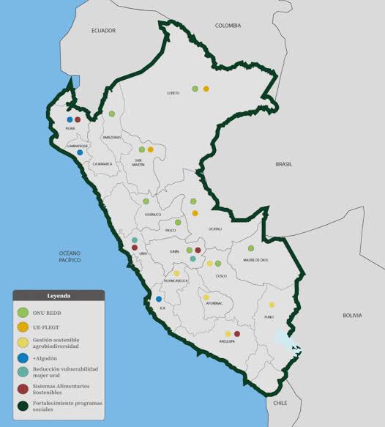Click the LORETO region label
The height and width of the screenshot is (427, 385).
(173, 93)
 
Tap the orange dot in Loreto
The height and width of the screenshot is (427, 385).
(206, 89)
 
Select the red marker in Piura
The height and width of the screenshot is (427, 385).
(78, 119)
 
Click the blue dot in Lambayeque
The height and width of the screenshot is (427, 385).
(80, 152)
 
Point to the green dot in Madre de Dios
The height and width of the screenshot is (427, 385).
(250, 248)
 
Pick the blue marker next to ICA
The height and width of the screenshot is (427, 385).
(159, 299)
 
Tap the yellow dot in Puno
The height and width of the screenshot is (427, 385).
(272, 305)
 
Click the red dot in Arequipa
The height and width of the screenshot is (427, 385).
(236, 333)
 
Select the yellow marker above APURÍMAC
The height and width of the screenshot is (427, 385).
(206, 297)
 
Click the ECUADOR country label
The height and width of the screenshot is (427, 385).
(104, 31)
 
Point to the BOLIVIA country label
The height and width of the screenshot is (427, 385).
(352, 315)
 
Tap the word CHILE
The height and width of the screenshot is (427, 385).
(281, 403)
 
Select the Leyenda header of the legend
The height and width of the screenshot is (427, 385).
(59, 297)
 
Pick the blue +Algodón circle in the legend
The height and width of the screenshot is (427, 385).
(23, 358)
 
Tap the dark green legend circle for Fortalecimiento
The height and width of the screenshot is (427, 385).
(23, 405)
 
